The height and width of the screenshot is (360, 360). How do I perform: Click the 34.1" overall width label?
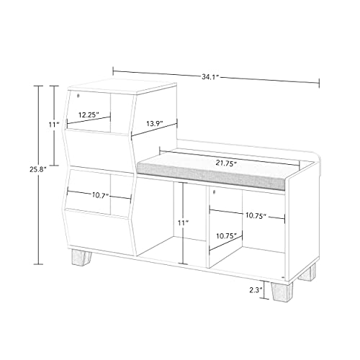[210, 77]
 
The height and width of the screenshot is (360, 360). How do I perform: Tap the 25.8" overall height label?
[37, 170]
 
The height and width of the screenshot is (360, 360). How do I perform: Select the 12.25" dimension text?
[89, 114]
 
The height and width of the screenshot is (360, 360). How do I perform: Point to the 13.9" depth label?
[155, 124]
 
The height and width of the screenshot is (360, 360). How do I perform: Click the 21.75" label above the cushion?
[226, 163]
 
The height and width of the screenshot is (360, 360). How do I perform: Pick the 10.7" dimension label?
[101, 196]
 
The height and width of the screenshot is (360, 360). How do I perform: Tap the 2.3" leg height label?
[255, 290]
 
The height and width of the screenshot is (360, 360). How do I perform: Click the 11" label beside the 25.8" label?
[54, 125]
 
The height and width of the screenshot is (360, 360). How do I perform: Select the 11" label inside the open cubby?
[183, 223]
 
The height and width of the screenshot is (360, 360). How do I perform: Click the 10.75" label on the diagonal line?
[227, 236]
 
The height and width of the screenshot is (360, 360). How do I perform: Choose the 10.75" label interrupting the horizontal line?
[256, 215]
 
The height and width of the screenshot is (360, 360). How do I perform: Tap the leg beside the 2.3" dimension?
[282, 292]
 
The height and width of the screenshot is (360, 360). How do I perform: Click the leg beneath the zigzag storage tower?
[81, 258]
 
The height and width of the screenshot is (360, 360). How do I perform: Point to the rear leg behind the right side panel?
[307, 272]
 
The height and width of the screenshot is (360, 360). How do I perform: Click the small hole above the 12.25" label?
[78, 96]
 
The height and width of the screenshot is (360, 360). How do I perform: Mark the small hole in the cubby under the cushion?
[215, 192]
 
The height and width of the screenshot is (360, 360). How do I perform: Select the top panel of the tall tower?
[122, 86]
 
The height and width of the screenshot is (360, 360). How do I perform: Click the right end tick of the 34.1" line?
[319, 83]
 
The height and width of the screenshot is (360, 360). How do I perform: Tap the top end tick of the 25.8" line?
[38, 86]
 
